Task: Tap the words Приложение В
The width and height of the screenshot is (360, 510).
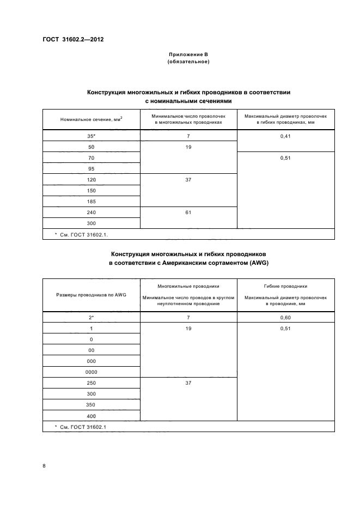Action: (188, 55)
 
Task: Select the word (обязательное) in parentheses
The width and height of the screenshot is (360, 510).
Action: (188, 62)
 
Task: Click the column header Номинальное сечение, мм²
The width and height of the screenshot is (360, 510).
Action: (91, 119)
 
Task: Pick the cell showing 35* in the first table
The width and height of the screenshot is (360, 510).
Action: (91, 136)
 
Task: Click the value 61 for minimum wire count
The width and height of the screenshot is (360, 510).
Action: (188, 212)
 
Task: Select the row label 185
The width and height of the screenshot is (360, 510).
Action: (91, 201)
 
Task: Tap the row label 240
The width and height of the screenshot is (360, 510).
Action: (91, 212)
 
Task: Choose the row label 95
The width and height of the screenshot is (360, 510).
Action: (91, 168)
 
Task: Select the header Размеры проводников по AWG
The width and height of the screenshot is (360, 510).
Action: (91, 295)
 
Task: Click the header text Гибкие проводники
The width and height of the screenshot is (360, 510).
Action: (285, 286)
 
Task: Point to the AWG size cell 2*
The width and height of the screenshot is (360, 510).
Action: (91, 317)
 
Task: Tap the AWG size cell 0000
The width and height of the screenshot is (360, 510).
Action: (91, 372)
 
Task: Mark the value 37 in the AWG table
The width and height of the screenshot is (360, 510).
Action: (188, 382)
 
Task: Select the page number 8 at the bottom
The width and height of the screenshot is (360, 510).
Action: (44, 466)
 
